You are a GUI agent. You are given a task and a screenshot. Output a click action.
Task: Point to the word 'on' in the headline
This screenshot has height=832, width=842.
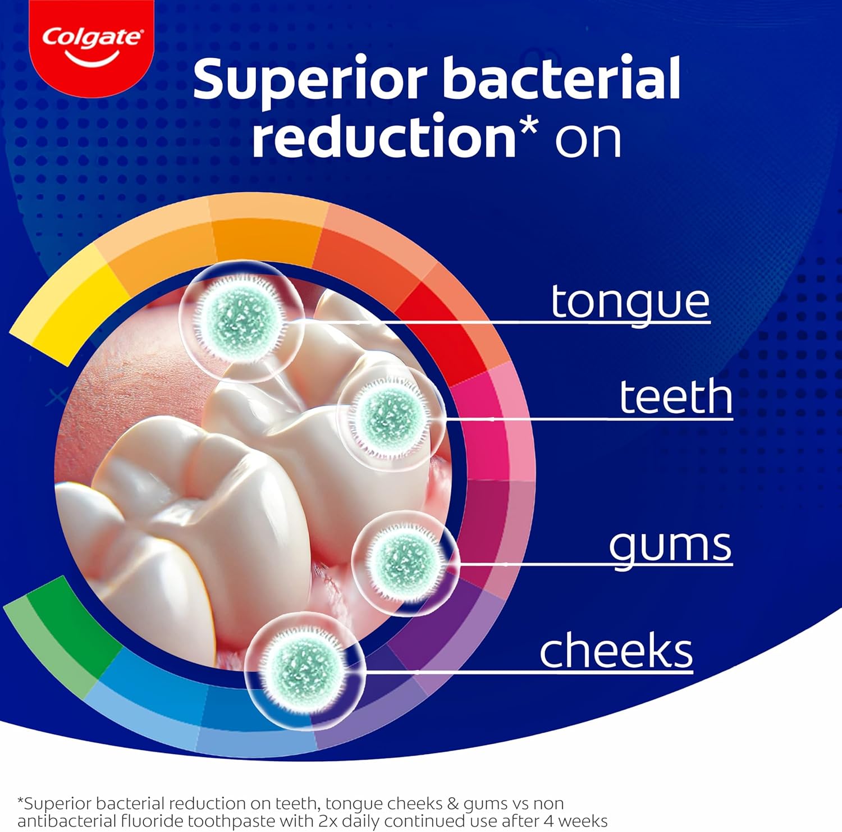point(588,140)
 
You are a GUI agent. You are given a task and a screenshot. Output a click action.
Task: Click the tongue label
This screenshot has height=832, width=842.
point(630,304)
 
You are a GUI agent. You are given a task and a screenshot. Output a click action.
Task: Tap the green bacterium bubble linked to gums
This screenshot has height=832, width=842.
point(405,561)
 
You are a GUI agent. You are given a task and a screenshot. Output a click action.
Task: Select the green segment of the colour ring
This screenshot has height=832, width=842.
point(62,634)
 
